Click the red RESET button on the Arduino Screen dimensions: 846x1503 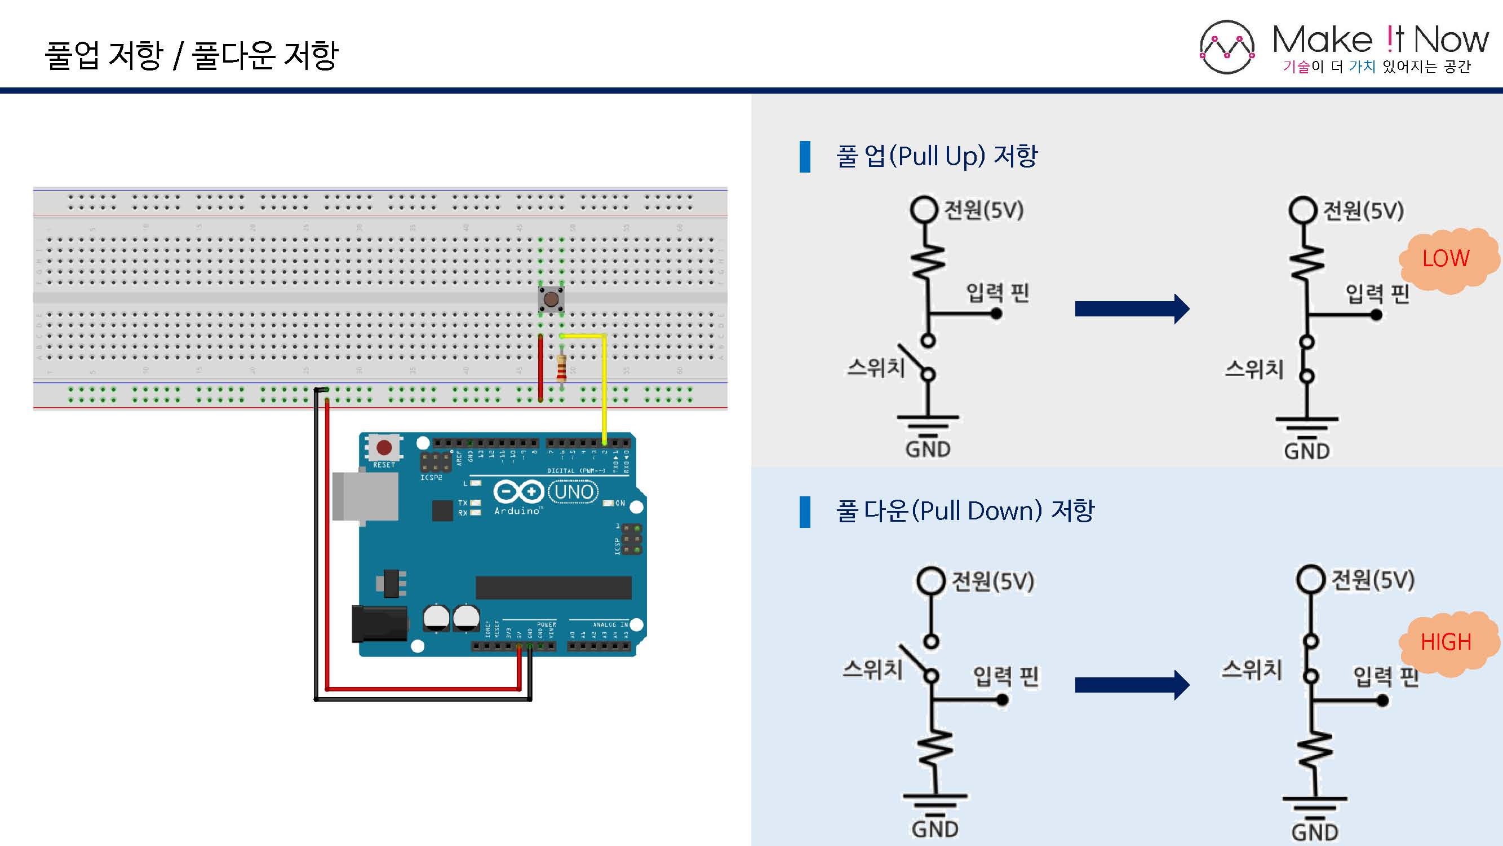(x=384, y=448)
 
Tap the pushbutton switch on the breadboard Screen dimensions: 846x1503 (x=551, y=299)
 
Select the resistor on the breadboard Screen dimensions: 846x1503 (x=561, y=368)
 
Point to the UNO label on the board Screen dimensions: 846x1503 (x=574, y=492)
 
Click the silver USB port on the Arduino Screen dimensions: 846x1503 (x=365, y=496)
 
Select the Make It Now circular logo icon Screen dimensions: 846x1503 (x=1226, y=47)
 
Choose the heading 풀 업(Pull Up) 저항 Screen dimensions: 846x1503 (x=937, y=156)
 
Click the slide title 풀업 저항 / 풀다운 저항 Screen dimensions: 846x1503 (x=192, y=55)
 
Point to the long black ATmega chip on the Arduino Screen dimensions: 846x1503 (x=553, y=587)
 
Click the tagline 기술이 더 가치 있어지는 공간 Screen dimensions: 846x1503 (x=1376, y=67)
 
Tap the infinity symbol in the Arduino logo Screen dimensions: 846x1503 (x=518, y=492)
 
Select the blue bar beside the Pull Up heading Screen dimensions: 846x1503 (x=805, y=156)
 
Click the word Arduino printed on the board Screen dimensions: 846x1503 (x=517, y=511)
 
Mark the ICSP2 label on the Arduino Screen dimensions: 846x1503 (x=431, y=478)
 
